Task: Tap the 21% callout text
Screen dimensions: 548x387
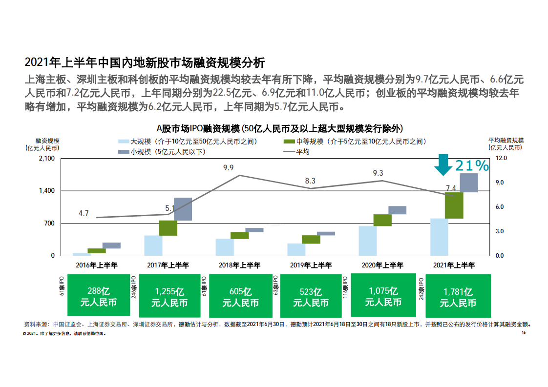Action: (x=472, y=165)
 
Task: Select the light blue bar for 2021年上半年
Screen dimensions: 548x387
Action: (x=439, y=237)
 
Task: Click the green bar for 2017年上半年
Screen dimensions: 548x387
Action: (x=168, y=228)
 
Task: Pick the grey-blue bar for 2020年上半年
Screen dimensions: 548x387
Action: (x=398, y=210)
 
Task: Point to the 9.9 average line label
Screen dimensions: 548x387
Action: (x=229, y=168)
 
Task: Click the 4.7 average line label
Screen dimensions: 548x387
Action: (x=84, y=213)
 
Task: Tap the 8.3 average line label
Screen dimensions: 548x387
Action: (x=310, y=181)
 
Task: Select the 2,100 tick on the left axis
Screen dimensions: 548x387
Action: (x=47, y=158)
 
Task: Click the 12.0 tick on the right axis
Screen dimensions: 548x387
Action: (x=501, y=158)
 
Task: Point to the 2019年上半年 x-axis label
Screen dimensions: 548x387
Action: (x=311, y=265)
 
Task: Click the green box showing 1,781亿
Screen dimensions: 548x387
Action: (x=458, y=296)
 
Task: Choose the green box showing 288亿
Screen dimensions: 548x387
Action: (x=99, y=295)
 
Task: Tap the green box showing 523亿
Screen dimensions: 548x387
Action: (x=311, y=296)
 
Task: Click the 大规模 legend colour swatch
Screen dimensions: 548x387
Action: (x=124, y=142)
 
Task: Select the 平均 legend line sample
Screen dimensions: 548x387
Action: (x=289, y=152)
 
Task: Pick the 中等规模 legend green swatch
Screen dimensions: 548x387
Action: (x=289, y=142)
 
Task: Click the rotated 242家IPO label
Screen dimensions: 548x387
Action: (x=421, y=289)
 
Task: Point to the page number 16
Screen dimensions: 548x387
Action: (x=524, y=332)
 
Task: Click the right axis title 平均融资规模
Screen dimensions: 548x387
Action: (x=506, y=141)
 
